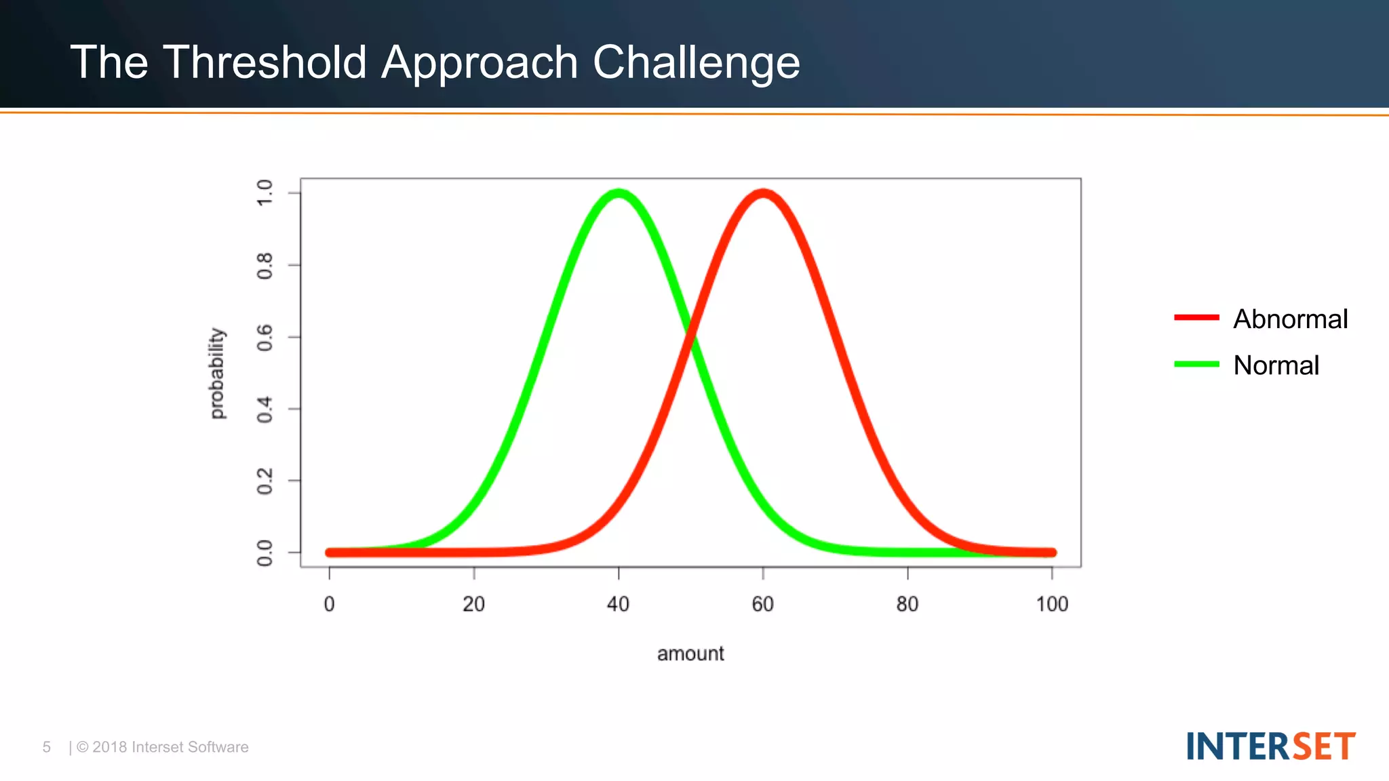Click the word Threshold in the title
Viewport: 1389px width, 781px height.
(265, 62)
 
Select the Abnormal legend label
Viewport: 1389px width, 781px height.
(1290, 319)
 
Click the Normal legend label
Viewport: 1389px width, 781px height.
(1276, 365)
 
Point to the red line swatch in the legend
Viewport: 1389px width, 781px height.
(1196, 317)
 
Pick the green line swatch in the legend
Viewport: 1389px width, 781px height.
(1196, 364)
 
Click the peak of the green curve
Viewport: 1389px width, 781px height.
(619, 194)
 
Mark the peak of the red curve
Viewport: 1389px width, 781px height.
(763, 194)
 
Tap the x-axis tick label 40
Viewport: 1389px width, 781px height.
(618, 604)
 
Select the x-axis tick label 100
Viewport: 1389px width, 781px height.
(1051, 604)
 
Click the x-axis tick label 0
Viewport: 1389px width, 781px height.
(329, 604)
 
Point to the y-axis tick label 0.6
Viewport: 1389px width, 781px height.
(265, 337)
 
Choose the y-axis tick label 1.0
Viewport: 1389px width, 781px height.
(265, 193)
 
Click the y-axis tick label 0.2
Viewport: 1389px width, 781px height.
(265, 481)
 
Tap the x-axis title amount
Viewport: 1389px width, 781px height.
(690, 654)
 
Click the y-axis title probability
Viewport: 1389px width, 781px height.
(216, 374)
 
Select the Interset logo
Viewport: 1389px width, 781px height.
(1270, 746)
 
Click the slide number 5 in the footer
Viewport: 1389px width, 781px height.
(47, 747)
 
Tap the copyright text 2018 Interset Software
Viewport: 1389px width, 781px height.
(170, 747)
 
